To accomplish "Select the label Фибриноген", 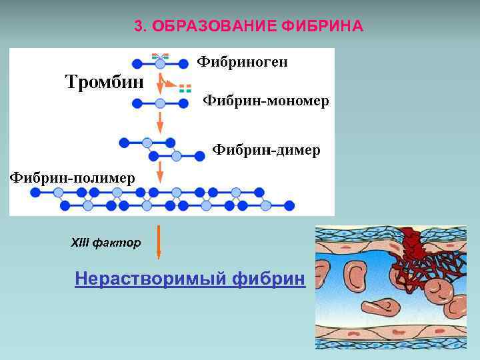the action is coord(243,62).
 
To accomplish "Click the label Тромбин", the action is coord(104,83).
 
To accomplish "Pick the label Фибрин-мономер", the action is coord(265,101).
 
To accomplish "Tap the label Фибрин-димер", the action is coord(266,150).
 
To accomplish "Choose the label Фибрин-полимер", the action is coord(71,177).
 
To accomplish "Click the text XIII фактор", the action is coord(106,243).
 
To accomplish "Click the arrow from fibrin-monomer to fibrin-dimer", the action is coord(160,123).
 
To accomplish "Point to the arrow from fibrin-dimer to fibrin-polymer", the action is coord(160,172).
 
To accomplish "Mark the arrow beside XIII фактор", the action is coord(158,241).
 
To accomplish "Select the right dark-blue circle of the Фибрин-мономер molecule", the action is coord(183,103).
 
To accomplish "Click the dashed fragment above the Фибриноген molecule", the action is coord(160,56).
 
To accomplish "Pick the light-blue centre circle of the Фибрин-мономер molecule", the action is coord(160,103).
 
